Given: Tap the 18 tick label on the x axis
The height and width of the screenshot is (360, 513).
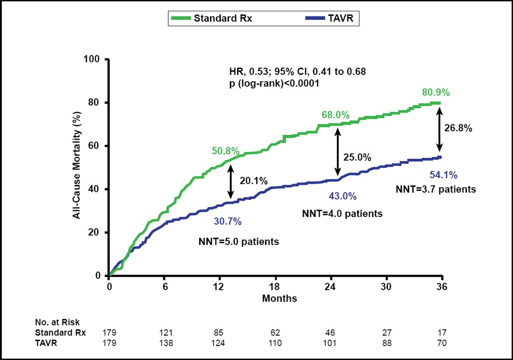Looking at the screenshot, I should point(275,287).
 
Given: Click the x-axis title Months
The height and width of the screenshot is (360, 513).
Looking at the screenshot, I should point(279,298).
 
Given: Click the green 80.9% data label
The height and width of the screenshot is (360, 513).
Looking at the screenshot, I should point(436,93).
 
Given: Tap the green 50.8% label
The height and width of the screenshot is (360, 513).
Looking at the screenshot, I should point(226,151).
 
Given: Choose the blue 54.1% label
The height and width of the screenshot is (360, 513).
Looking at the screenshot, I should point(444,175).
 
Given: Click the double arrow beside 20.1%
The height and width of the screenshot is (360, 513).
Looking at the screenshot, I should point(230,182).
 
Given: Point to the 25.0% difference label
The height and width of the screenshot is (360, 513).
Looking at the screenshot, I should point(357,157).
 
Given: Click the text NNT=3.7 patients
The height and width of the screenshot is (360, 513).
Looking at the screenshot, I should point(436,189).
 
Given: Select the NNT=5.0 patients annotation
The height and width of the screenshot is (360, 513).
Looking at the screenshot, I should point(239,242).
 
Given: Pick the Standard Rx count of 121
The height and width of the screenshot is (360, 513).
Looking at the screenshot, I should point(166,332).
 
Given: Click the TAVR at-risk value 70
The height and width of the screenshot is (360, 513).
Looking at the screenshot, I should point(442,343).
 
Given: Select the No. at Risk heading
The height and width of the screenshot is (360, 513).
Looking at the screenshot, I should point(57,322).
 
